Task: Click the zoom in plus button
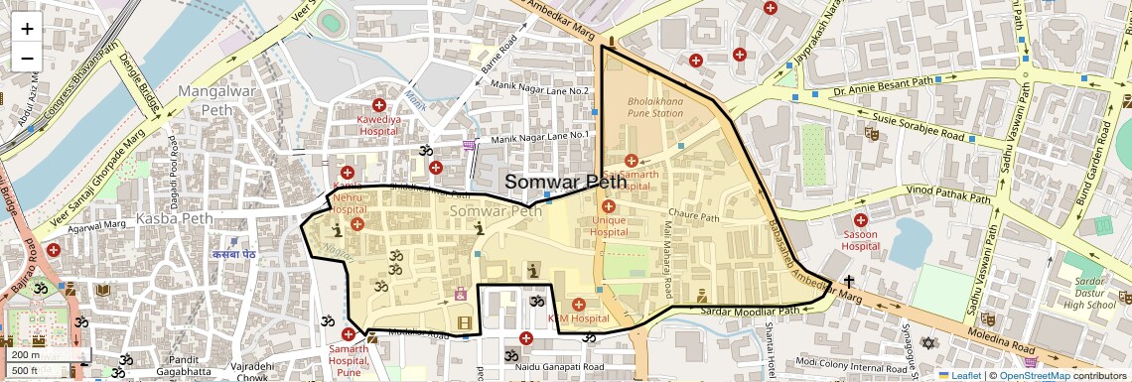point(27,29)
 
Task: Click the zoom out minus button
point(27,59)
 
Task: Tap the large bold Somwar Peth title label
point(565,182)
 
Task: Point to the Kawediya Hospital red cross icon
point(378,105)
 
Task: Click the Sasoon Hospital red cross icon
point(860,219)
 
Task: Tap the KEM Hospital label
point(578,318)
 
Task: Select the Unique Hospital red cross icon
point(609,205)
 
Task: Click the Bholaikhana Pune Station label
point(655,107)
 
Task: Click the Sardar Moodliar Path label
point(751,311)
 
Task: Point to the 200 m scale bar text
point(27,354)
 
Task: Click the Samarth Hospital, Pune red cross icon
point(349,334)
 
